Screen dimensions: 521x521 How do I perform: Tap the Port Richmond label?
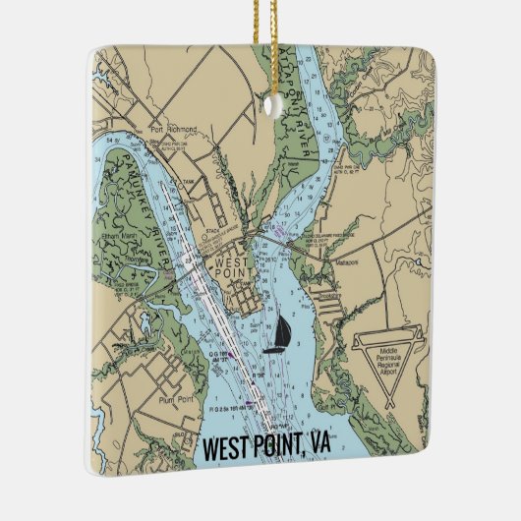(x=174, y=129)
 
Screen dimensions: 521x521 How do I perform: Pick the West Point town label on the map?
(x=228, y=268)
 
